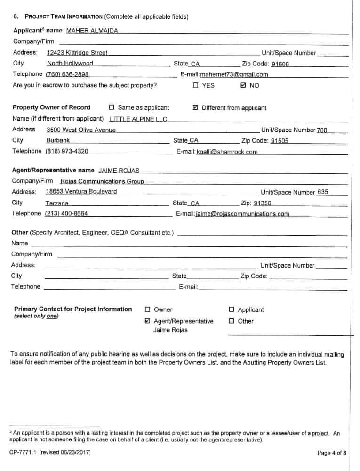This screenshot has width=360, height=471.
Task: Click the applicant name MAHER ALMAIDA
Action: [92, 31]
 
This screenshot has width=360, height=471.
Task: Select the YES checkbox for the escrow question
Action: [196, 86]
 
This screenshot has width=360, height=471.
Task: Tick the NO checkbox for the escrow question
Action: [243, 86]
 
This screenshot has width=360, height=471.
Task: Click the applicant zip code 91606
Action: [280, 64]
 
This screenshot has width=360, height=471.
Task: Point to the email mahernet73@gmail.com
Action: [234, 74]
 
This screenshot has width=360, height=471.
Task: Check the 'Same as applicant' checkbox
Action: [112, 107]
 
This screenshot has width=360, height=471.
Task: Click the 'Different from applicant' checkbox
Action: [196, 108]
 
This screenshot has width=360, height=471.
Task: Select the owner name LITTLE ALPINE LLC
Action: [138, 119]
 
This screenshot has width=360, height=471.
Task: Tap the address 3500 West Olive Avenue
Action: [81, 130]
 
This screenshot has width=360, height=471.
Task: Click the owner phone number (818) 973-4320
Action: [66, 151]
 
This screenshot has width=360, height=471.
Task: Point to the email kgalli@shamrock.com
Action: [227, 152]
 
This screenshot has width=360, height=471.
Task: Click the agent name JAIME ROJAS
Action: [119, 171]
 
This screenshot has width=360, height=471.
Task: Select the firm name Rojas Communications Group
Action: [102, 181]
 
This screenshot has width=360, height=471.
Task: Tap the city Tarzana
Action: [57, 203]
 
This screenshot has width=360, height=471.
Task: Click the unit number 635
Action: [323, 192]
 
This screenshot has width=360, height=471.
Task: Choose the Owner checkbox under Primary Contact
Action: [147, 309]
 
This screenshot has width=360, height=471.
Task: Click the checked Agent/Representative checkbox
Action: [147, 321]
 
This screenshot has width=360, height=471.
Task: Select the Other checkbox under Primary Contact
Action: [232, 321]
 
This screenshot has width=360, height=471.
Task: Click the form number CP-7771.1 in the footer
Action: [24, 453]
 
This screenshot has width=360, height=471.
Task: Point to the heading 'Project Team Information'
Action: [63, 17]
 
